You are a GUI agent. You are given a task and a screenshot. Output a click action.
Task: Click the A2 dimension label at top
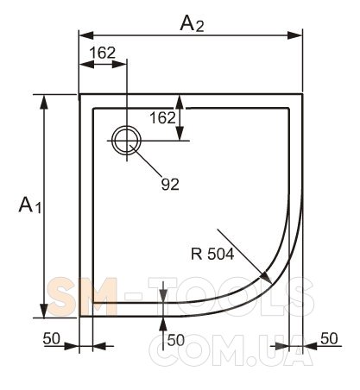192,24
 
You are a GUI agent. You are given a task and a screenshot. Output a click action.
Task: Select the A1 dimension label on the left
30,204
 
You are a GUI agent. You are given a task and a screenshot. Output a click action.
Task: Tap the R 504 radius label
212,254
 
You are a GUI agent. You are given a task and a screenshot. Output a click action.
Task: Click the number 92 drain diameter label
170,184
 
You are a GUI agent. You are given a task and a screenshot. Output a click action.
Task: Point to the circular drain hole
126,141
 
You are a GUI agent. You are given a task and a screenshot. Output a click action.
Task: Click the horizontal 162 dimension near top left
103,53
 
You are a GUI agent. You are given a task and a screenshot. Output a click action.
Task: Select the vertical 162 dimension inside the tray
162,118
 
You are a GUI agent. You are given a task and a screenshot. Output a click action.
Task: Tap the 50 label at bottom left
52,338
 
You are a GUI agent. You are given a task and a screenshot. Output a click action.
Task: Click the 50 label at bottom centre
176,340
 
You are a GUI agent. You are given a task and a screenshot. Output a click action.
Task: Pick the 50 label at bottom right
329,338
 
